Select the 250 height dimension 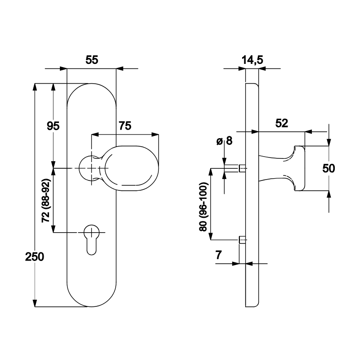click(x=34, y=257)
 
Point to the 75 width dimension click(x=125, y=126)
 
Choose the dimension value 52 click(x=281, y=123)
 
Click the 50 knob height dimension click(x=329, y=168)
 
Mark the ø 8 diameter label click(x=224, y=141)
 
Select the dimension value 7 click(x=219, y=256)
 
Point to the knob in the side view click(x=283, y=167)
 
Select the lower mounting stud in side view click(x=242, y=239)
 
